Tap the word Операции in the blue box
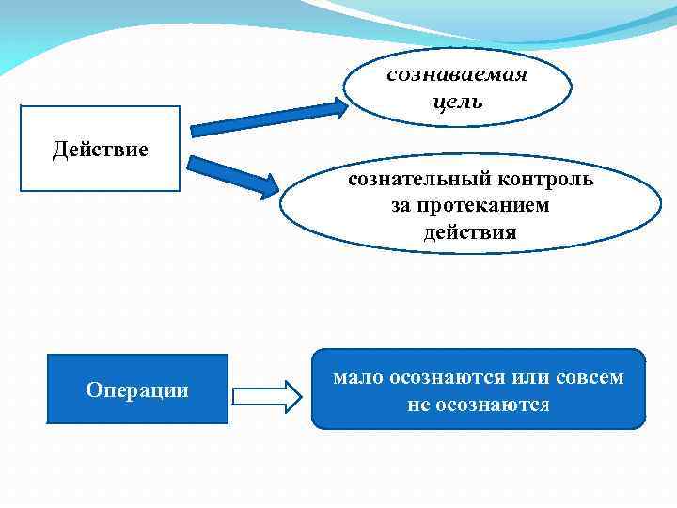(x=137, y=389)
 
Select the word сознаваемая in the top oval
(x=457, y=75)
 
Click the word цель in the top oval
(x=458, y=101)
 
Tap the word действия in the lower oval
(x=470, y=231)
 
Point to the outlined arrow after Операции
(x=265, y=396)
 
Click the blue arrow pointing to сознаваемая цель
(x=268, y=116)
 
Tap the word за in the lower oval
(x=402, y=204)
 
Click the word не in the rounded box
(x=418, y=405)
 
